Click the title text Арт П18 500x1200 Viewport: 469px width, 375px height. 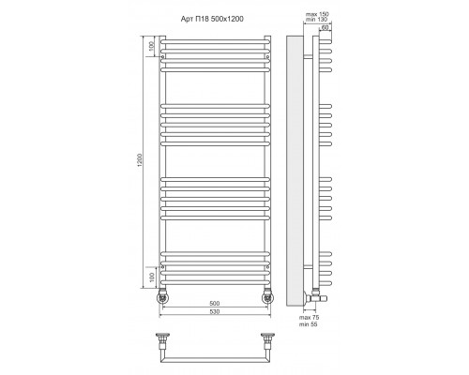point(212,19)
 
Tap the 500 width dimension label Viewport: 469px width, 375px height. point(215,303)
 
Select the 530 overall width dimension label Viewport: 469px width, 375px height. point(215,311)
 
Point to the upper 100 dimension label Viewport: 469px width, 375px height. point(152,46)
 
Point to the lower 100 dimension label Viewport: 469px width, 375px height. point(152,277)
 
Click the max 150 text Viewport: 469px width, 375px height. point(317,14)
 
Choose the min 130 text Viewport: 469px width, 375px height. point(317,20)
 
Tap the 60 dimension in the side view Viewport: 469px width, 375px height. point(325,27)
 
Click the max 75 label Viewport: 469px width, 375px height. point(309,318)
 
